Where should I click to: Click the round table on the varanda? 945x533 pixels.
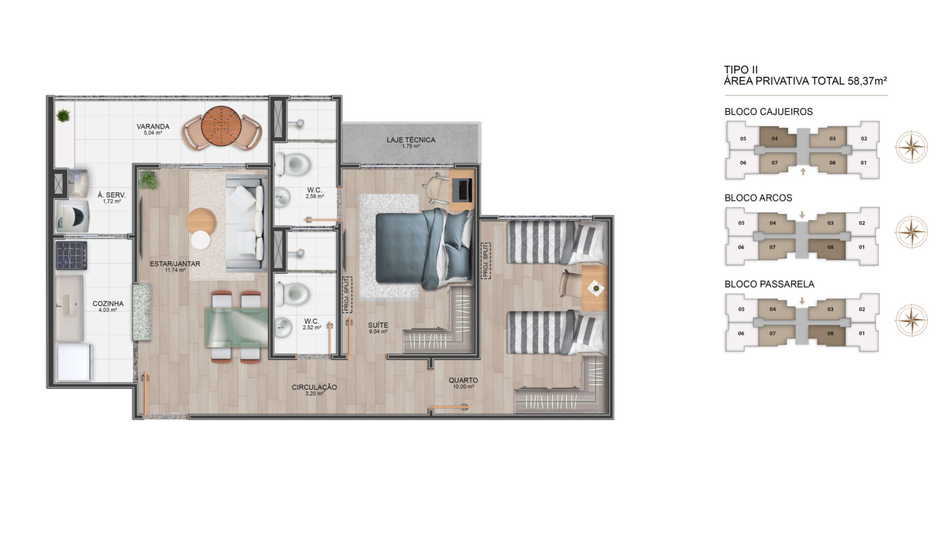(221, 127)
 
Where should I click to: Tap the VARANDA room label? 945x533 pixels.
(153, 127)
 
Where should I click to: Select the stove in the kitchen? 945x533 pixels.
(71, 255)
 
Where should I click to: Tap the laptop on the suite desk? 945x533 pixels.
(464, 190)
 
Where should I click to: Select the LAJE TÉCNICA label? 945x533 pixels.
(411, 140)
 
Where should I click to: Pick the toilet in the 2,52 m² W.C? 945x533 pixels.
(292, 294)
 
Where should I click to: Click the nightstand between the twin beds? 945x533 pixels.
(595, 288)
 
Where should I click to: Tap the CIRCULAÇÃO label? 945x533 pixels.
(314, 387)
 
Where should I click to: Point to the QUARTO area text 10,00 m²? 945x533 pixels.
(463, 387)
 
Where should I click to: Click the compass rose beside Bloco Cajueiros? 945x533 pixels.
(912, 147)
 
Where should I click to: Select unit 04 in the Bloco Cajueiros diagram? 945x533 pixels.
(777, 137)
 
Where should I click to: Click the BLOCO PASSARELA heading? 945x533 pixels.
(769, 284)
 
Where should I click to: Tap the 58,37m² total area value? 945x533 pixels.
(867, 81)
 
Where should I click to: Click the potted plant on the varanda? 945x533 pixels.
(63, 116)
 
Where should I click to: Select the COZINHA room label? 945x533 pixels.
(108, 303)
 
